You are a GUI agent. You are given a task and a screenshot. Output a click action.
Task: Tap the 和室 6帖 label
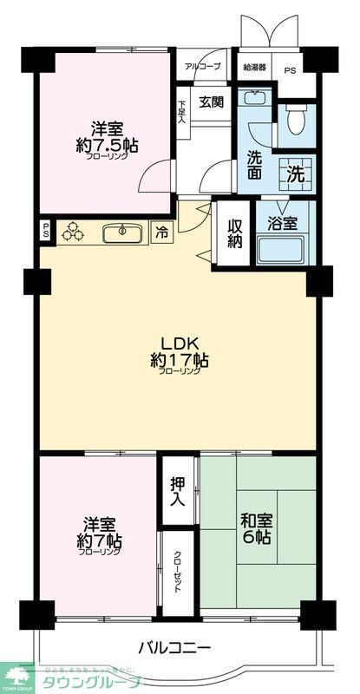tap(257, 527)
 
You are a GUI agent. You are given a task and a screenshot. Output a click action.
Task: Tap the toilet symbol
tap(296, 119)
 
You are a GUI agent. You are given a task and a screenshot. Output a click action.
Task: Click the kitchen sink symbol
tap(122, 232)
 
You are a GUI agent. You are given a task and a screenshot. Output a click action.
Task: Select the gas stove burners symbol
tap(75, 232)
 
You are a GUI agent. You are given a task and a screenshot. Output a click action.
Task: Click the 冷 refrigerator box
tap(162, 232)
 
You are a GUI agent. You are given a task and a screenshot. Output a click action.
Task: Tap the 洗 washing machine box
tap(296, 172)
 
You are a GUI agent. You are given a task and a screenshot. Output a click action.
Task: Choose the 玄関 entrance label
tap(211, 101)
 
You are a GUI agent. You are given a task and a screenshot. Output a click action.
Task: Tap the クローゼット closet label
tap(176, 572)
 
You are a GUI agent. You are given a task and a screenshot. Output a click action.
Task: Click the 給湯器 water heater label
tap(254, 66)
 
